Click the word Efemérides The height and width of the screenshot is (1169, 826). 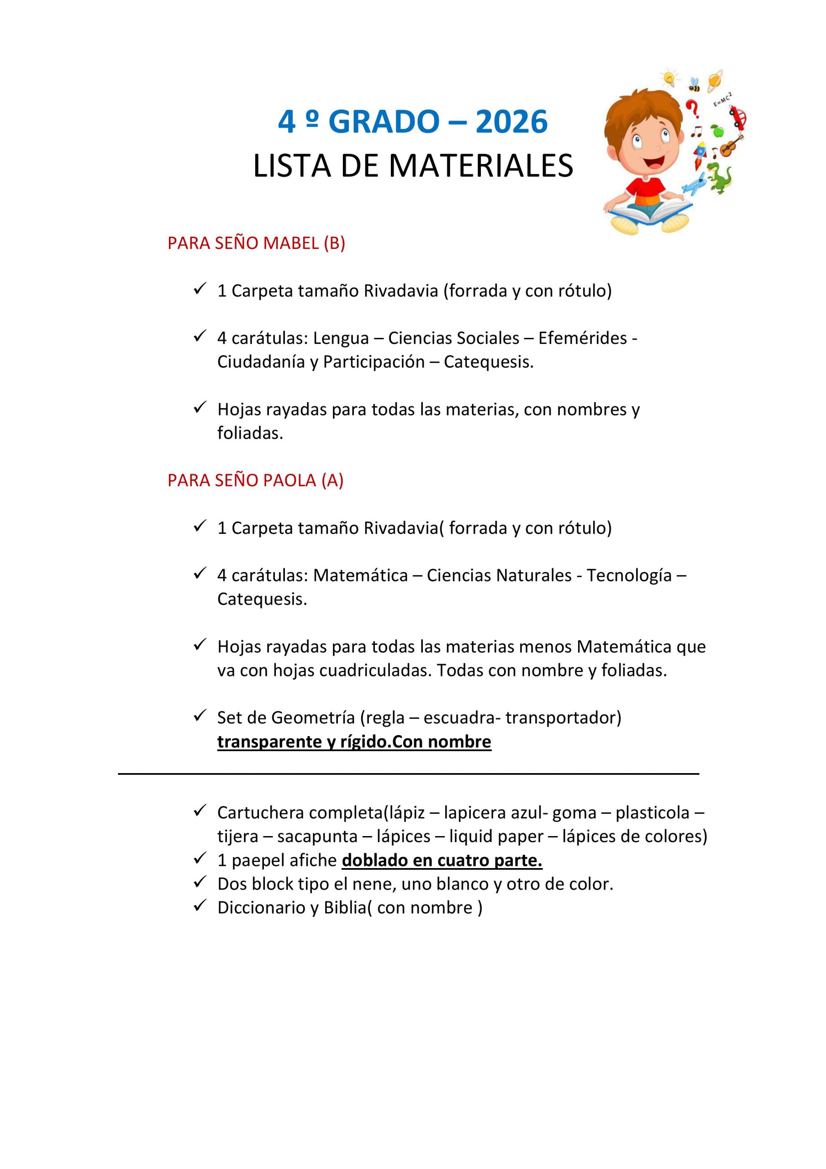[x=583, y=338]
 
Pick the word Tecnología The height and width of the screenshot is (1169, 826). [x=629, y=575]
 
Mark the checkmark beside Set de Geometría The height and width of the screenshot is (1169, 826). [x=199, y=716]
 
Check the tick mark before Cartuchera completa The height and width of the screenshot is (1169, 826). [x=199, y=810]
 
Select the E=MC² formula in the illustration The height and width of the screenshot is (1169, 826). [x=723, y=99]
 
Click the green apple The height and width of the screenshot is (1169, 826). [x=717, y=131]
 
